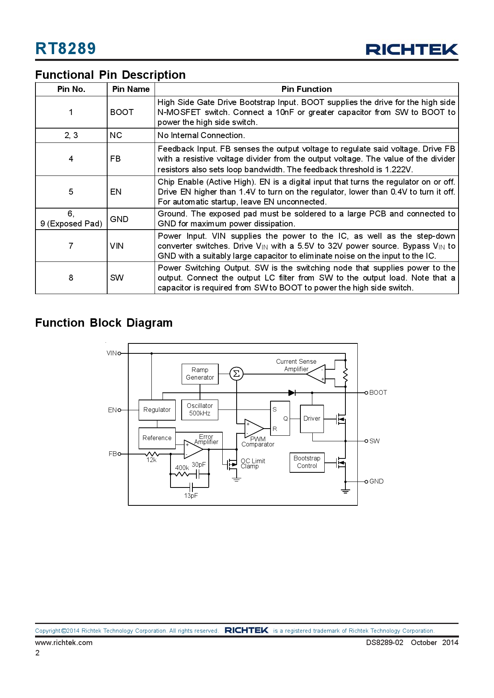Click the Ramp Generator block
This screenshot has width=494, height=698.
pyautogui.click(x=200, y=374)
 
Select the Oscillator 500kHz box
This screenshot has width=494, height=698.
pyautogui.click(x=200, y=409)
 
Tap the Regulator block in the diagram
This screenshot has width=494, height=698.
pyautogui.click(x=157, y=410)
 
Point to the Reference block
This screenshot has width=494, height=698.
pyautogui.click(x=157, y=438)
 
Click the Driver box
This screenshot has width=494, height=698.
pyautogui.click(x=312, y=419)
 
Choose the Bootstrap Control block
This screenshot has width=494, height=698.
pyautogui.click(x=307, y=462)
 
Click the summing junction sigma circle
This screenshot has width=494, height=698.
pyautogui.click(x=236, y=374)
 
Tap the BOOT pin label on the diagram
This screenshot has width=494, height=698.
pyautogui.click(x=378, y=393)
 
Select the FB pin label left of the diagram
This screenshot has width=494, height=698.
pyautogui.click(x=112, y=454)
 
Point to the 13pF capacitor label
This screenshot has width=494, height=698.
pyautogui.click(x=191, y=496)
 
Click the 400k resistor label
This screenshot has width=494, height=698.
pyautogui.click(x=182, y=468)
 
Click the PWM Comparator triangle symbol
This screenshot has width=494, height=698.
pyautogui.click(x=253, y=428)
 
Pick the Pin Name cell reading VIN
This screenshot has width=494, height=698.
pyautogui.click(x=117, y=246)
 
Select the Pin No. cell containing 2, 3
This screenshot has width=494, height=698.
pyautogui.click(x=71, y=135)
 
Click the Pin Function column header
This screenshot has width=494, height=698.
pyautogui.click(x=306, y=89)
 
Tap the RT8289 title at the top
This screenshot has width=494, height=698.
pyautogui.click(x=66, y=49)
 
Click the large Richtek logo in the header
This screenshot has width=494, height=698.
pyautogui.click(x=412, y=49)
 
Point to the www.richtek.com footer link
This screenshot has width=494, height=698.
pyautogui.click(x=64, y=643)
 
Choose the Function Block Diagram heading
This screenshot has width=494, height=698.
pyautogui.click(x=104, y=323)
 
